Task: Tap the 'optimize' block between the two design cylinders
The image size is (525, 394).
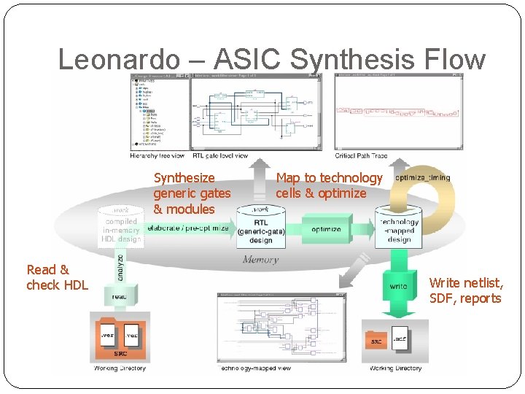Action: point(326,229)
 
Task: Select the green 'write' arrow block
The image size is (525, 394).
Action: point(398,285)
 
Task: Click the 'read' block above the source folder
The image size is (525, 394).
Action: point(120,296)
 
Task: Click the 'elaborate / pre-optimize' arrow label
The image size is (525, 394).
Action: point(188,228)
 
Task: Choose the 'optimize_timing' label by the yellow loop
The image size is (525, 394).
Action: point(422,177)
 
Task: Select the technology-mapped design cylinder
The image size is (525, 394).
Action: point(399,228)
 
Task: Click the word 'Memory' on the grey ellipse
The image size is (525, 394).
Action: point(260,259)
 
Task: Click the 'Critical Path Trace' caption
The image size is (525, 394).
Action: point(362,156)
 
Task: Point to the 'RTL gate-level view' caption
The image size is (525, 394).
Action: point(220,156)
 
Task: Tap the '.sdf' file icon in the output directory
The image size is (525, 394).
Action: point(400,339)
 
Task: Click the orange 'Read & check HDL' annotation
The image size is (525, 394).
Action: point(57,277)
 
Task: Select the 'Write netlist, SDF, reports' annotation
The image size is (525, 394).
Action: point(466,290)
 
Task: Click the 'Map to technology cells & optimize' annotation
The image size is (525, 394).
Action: point(329,185)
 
